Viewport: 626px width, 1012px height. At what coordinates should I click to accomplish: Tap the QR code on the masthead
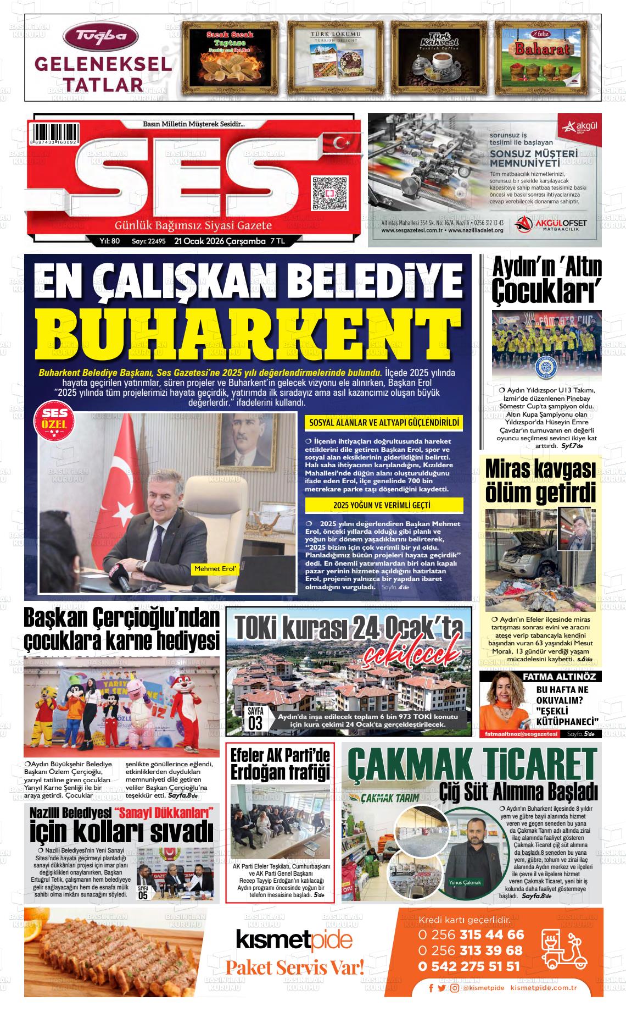(329, 193)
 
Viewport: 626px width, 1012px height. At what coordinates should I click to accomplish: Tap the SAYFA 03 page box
(255, 718)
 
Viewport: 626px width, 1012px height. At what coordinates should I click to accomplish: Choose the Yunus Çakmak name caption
(465, 882)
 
